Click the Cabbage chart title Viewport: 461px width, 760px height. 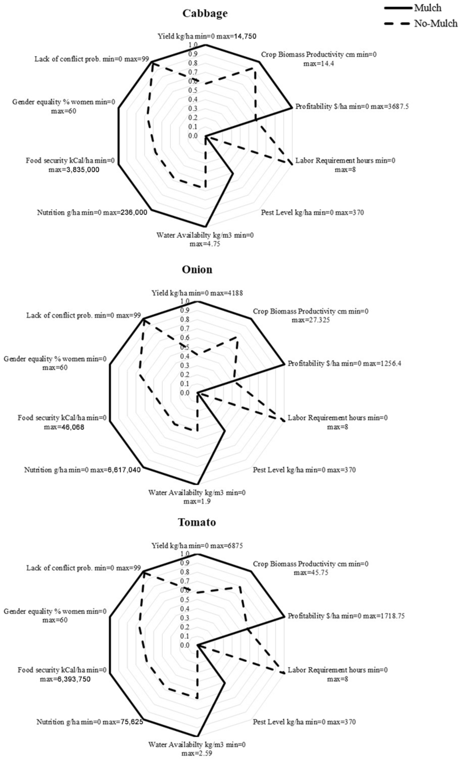[205, 13]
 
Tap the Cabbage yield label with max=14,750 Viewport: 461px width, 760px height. [207, 36]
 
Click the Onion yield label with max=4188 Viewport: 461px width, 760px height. [197, 293]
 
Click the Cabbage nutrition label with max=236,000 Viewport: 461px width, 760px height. [92, 213]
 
